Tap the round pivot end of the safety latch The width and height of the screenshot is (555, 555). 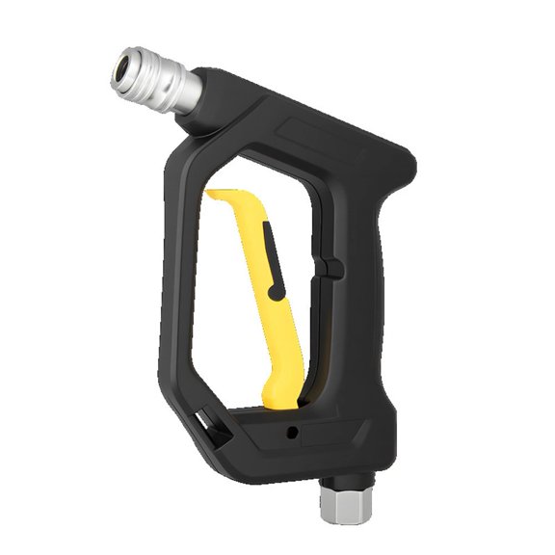278,290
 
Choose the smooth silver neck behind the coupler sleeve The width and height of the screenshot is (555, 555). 187,92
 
